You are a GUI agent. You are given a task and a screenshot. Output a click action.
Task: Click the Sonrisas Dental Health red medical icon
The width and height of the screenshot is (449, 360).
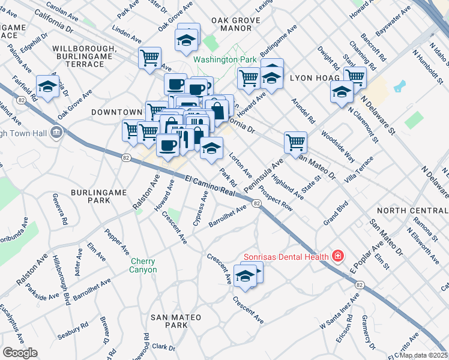point(338,257)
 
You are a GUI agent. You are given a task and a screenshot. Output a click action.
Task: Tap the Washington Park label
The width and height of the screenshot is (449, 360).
point(225,60)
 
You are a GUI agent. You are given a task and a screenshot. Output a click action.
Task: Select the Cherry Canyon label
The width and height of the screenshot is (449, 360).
point(144,265)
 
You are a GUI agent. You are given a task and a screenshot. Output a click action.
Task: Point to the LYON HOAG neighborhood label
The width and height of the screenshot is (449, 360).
point(315,78)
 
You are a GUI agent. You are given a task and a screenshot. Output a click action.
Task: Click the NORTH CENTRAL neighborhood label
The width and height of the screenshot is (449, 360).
point(412,211)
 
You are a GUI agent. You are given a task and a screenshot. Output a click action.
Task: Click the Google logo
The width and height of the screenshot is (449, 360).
point(19,353)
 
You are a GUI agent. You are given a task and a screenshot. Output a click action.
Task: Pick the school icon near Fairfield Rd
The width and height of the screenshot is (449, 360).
point(48,87)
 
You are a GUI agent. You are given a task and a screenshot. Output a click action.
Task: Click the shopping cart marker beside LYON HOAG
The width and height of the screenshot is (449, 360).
point(355,77)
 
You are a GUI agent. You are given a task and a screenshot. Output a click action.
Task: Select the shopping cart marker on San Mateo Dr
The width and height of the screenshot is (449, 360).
point(295,143)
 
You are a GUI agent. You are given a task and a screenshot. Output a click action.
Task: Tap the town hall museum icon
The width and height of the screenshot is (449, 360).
point(56,131)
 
